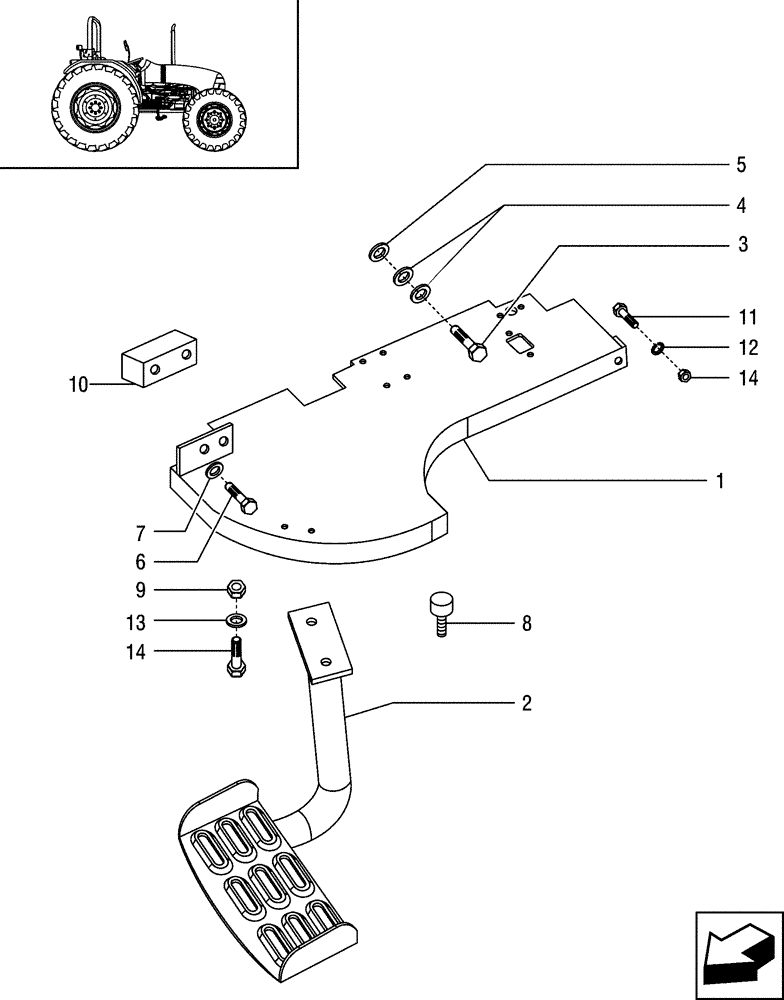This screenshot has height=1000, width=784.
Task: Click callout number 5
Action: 741,165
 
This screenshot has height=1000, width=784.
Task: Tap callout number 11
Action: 747,319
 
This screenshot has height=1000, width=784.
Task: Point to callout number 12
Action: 747,349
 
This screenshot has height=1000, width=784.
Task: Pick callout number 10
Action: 78,383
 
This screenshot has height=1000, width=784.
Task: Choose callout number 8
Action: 525,624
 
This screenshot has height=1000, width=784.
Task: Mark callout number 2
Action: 525,704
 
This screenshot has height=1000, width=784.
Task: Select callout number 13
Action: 137,623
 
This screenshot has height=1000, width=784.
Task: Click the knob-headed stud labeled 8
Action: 440,610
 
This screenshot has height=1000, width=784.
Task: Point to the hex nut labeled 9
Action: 237,588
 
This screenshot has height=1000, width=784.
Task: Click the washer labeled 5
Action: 380,252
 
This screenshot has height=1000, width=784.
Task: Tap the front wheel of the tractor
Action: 213,121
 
